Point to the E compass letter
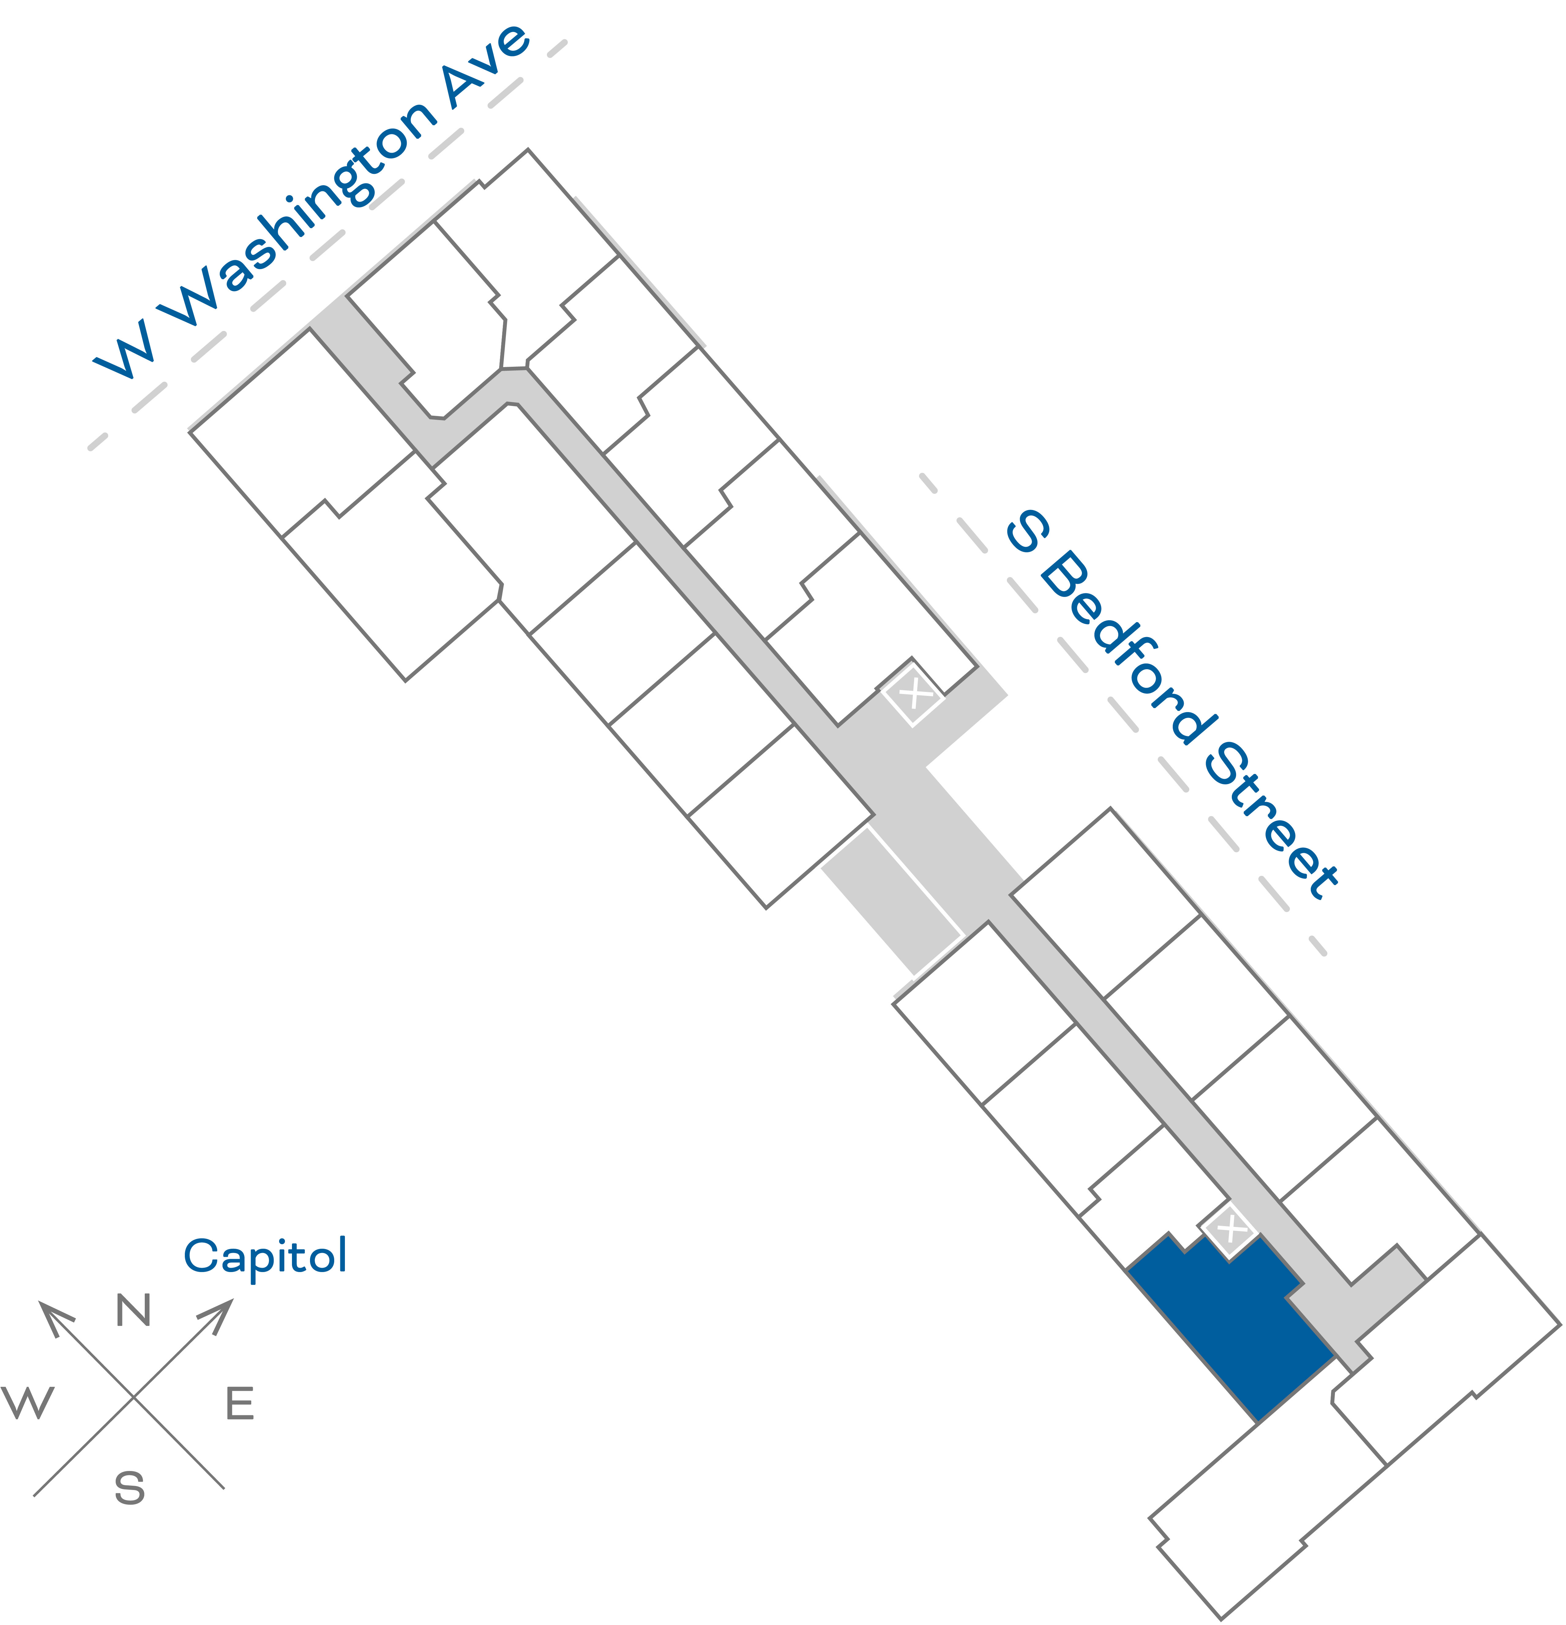pyautogui.click(x=240, y=1404)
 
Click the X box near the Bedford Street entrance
pyautogui.click(x=914, y=693)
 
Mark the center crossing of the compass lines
pyautogui.click(x=133, y=1397)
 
